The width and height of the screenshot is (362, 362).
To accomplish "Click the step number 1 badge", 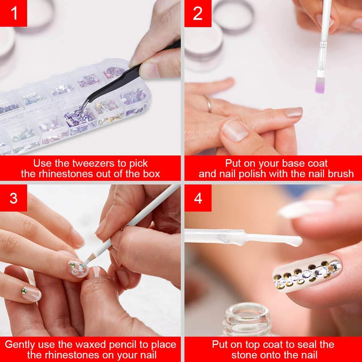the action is click(13, 13).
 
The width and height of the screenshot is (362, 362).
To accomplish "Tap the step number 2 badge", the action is click(198, 13).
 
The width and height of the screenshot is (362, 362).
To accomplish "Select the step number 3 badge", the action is click(13, 198).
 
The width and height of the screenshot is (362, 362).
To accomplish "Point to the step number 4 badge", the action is click(198, 198).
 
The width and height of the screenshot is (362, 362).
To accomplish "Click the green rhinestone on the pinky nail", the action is click(24, 291).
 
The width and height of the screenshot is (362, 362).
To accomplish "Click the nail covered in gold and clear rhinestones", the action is click(307, 273).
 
